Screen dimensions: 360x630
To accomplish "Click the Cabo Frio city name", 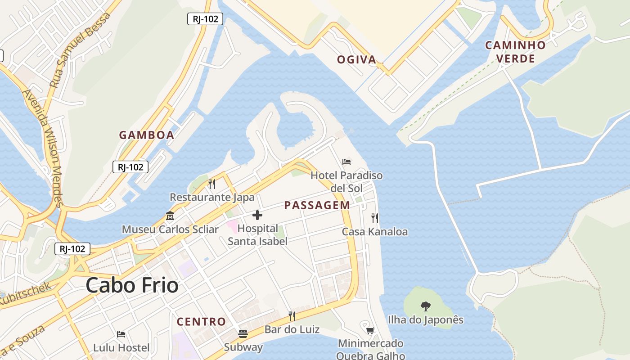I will click(132, 285).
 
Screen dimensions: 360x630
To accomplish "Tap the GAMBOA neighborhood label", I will click(146, 135).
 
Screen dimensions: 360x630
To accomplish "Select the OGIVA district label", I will click(356, 59).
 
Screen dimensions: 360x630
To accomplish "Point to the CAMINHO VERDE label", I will click(515, 52).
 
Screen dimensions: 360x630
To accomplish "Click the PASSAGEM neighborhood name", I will click(317, 206).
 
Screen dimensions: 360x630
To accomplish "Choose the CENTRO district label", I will click(201, 322).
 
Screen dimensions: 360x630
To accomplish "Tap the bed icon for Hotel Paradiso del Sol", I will click(346, 162).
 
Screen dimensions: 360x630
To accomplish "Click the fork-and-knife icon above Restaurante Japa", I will click(212, 184).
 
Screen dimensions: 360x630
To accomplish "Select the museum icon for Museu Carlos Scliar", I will click(170, 216).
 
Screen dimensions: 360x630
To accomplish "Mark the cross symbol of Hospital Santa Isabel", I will click(257, 215).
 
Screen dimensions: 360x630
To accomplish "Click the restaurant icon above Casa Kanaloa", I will click(375, 218).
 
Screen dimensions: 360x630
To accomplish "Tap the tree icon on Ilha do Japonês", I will click(425, 306).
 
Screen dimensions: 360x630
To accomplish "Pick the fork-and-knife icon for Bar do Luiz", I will click(292, 316).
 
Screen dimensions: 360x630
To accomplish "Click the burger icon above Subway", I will click(243, 334).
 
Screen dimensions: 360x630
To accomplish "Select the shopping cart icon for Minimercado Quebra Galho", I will click(370, 331).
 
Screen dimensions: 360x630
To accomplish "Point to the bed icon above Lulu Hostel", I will click(121, 334).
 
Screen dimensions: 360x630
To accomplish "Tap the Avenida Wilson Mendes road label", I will click(43, 148).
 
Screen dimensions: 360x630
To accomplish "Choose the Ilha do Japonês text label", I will click(425, 320).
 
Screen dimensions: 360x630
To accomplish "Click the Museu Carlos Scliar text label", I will click(170, 229).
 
